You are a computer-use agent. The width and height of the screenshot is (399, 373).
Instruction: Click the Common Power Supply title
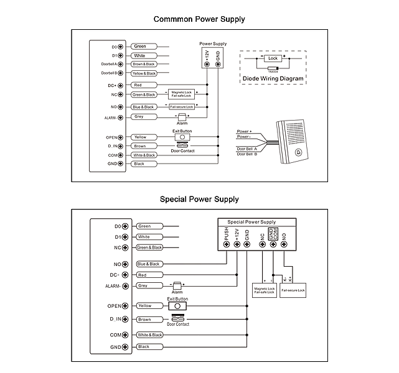coord(199,19)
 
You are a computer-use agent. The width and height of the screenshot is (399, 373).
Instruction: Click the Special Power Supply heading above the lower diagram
coord(199,200)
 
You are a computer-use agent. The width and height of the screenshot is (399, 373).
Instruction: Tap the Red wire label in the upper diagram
coord(138,85)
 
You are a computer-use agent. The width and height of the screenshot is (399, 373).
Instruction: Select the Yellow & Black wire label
coord(144,73)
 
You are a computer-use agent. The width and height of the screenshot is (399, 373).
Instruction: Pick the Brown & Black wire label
coord(144,64)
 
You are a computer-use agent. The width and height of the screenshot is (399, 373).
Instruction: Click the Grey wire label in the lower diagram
coord(143,286)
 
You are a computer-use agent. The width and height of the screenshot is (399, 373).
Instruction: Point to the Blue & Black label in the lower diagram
coord(148,264)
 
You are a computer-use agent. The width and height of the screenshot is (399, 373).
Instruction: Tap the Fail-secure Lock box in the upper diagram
coord(182,107)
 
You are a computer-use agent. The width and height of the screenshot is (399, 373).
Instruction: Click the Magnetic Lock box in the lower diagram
coord(264,290)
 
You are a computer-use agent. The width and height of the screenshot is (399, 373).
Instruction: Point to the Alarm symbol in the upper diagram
coord(182,117)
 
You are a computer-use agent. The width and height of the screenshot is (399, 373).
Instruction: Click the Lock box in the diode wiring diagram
coord(272,58)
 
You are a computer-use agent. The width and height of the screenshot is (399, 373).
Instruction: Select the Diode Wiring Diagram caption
coord(273,79)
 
